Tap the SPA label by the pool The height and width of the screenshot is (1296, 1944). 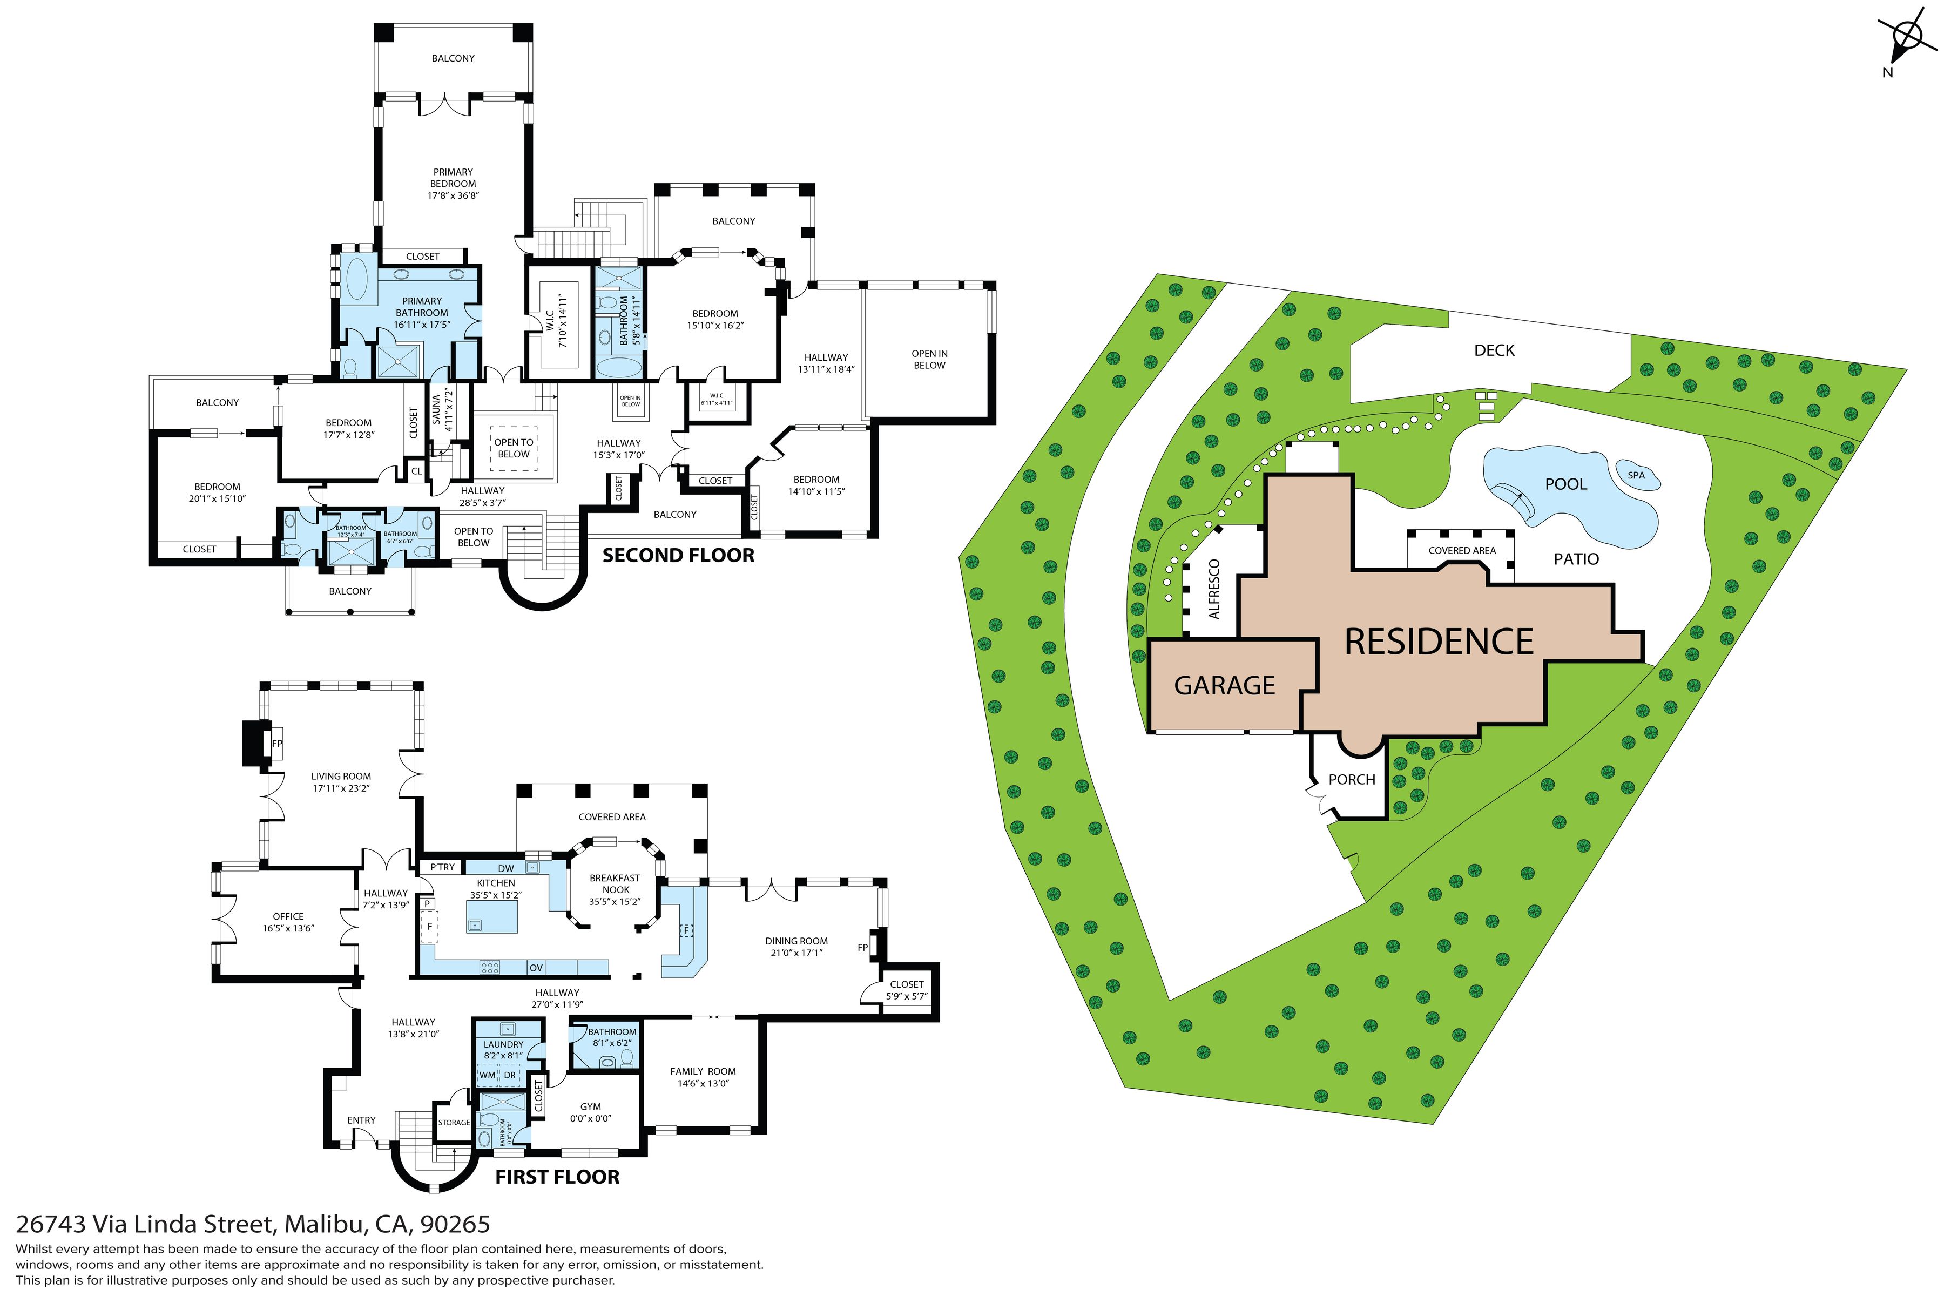pos(1636,475)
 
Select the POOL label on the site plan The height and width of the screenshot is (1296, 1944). pos(1565,484)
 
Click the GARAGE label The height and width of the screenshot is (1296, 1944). pos(1224,686)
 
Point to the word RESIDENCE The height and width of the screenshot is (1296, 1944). pos(1438,642)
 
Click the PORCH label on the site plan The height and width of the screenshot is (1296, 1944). pos(1352,779)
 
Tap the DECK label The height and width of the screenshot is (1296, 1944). pos(1494,350)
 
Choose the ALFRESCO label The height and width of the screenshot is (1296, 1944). pos(1214,589)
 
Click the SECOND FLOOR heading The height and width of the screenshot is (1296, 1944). pos(678,556)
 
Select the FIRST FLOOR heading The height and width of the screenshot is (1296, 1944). pos(557,1177)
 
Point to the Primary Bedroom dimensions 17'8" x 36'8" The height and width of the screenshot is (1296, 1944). pos(453,196)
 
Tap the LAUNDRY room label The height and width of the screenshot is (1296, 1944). pos(503,1045)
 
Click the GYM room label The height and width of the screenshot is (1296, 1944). pos(590,1106)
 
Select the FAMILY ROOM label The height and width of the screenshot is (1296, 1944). pos(703,1071)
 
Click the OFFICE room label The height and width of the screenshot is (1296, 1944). pos(288,916)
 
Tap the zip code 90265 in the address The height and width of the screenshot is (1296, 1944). pos(455,1224)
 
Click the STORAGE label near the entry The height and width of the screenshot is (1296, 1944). pos(454,1123)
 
